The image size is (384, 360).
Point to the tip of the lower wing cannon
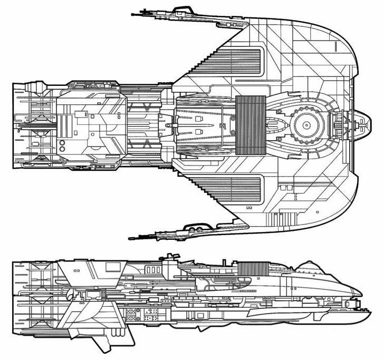pos(131,238)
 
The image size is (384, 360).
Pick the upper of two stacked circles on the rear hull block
pos(62,142)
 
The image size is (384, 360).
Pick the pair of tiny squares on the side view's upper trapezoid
pos(78,271)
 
